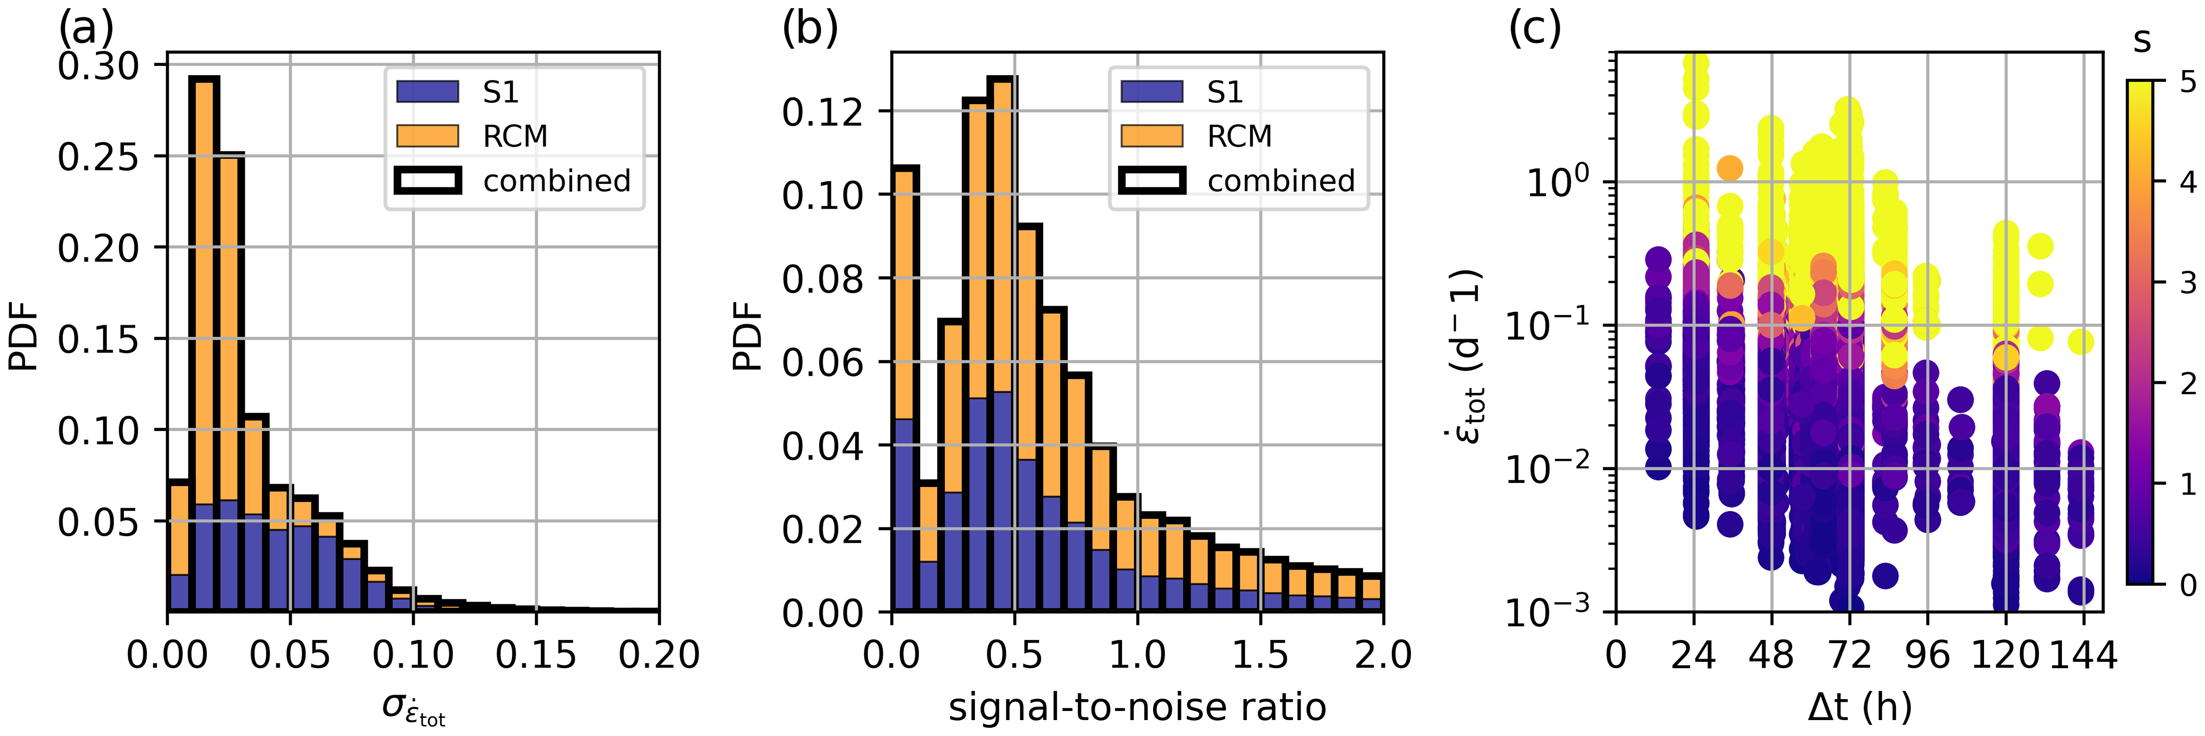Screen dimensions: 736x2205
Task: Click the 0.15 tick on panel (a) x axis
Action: (536, 654)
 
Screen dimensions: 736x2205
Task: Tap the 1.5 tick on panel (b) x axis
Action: (1260, 654)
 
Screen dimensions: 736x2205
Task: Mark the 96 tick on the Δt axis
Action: (1927, 654)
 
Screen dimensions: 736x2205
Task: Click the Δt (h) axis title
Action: (1859, 707)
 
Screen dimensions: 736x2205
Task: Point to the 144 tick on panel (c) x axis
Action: (2082, 654)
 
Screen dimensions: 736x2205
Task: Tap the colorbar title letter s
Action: (2142, 40)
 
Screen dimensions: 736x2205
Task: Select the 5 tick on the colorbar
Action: (2188, 82)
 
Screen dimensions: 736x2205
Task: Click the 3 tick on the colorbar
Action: (2188, 282)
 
